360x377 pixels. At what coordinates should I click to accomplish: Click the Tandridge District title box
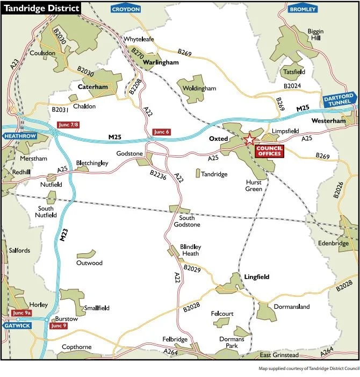(41, 9)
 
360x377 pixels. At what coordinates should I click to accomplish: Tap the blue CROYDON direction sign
(126, 9)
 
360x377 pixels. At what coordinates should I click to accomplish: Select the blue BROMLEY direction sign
(303, 9)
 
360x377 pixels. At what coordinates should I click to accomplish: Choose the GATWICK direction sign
(16, 325)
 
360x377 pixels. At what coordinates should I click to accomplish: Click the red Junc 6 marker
(161, 132)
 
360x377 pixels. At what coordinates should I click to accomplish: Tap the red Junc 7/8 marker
(67, 125)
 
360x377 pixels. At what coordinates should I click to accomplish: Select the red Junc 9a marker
(21, 313)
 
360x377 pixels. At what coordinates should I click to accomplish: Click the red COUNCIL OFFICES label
(269, 151)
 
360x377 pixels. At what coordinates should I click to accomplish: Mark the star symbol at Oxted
(250, 140)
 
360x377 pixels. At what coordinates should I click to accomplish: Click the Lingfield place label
(257, 277)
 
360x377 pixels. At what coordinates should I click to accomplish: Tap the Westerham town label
(328, 122)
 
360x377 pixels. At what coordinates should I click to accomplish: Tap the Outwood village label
(89, 263)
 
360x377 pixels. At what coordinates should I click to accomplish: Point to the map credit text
(308, 369)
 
